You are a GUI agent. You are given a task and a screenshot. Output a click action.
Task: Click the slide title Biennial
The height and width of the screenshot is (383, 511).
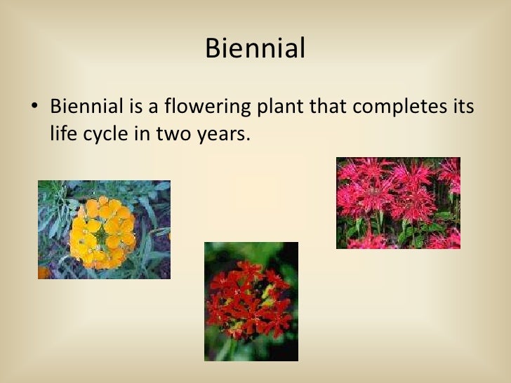pos(255,49)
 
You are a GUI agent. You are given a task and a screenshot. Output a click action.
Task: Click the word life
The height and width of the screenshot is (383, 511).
pos(64,133)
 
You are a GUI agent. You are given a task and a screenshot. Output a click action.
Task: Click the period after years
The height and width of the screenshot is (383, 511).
pos(248,139)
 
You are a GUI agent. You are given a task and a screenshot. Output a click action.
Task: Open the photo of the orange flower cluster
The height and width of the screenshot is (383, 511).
pos(104,229)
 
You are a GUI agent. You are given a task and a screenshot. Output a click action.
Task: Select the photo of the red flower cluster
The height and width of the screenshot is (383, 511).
pos(251,301)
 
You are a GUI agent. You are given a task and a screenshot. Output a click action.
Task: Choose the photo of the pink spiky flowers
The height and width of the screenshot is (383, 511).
pos(398,203)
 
